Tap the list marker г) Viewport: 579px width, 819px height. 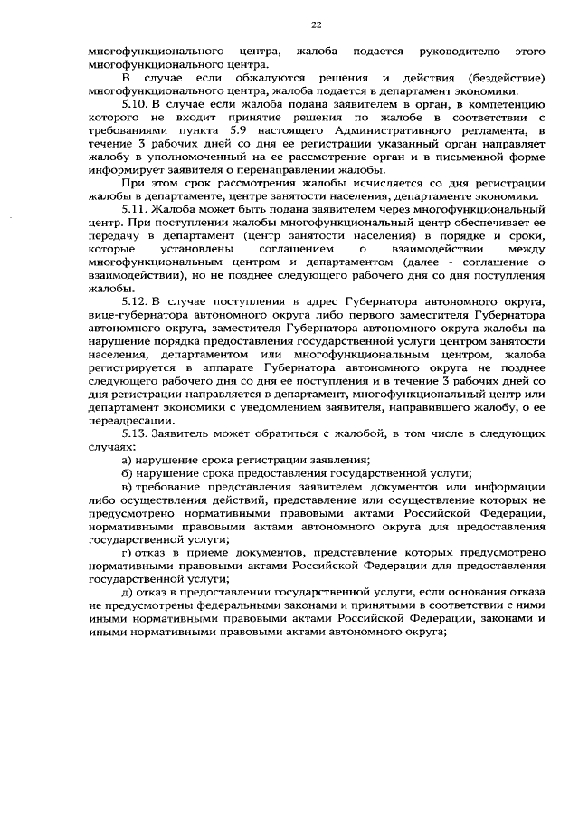pyautogui.click(x=128, y=552)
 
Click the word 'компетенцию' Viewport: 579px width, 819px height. pyautogui.click(x=507, y=105)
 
